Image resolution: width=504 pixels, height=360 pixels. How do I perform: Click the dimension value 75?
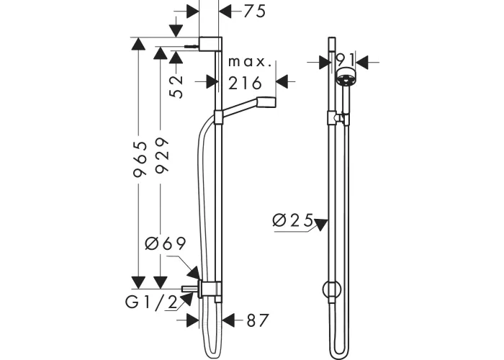coord(255,12)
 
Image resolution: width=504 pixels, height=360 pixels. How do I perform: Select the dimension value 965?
coord(140,159)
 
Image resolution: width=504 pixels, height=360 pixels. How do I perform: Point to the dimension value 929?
coord(162,156)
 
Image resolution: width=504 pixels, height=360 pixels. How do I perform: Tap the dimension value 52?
coord(176,86)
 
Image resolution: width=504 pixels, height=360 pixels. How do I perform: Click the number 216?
coord(245,83)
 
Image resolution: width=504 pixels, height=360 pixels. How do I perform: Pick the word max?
coord(250,62)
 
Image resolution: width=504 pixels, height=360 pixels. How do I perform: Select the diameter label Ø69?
coord(166,243)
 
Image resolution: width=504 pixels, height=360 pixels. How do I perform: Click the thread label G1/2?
coord(151,302)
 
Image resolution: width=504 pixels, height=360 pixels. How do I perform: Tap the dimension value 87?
coord(257,320)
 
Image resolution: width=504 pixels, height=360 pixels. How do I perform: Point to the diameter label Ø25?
coord(292,220)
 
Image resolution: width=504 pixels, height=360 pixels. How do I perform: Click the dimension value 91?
coord(345,60)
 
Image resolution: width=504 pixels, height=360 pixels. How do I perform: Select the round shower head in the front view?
coord(346,77)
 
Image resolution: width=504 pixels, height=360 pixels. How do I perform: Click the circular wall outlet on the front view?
coord(332,289)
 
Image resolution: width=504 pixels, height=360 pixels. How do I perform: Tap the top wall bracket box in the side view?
coord(210,44)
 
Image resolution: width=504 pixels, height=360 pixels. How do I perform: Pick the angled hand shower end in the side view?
coord(266,102)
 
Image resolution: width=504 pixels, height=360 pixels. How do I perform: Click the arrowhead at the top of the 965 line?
coord(138,44)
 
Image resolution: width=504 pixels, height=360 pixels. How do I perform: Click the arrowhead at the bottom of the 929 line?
coord(160,282)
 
